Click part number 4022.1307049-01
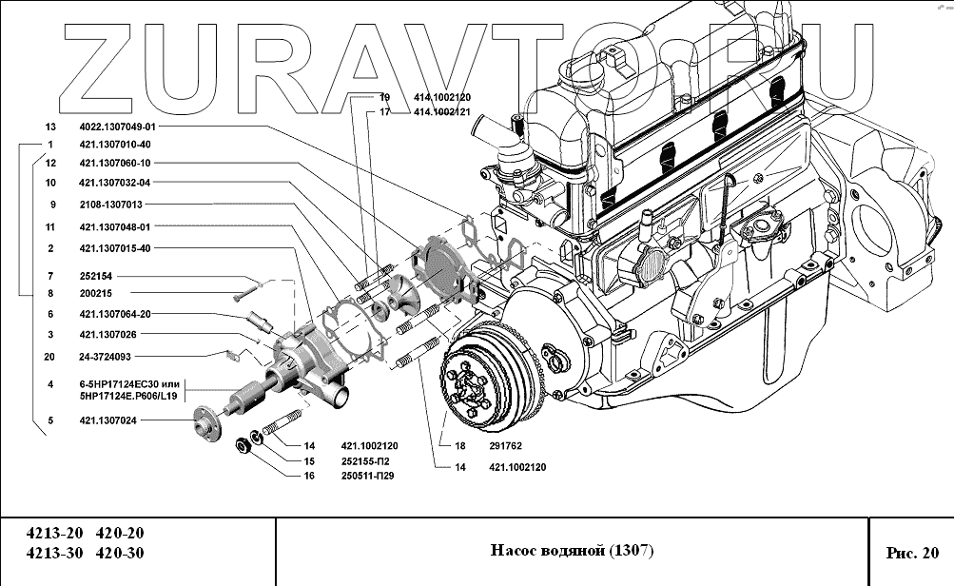pyautogui.click(x=117, y=126)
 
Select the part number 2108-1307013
pyautogui.click(x=110, y=205)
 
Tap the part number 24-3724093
pyautogui.click(x=105, y=357)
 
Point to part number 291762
pyautogui.click(x=508, y=445)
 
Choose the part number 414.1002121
pyautogui.click(x=442, y=112)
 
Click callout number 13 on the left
pyautogui.click(x=50, y=126)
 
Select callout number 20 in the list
pyautogui.click(x=49, y=357)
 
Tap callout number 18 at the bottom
pyautogui.click(x=459, y=445)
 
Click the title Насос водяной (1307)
pyautogui.click(x=572, y=551)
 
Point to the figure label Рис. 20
pyautogui.click(x=911, y=552)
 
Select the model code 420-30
pyautogui.click(x=121, y=554)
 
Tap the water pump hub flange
pyautogui.click(x=204, y=420)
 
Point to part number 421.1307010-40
pyautogui.click(x=114, y=144)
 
